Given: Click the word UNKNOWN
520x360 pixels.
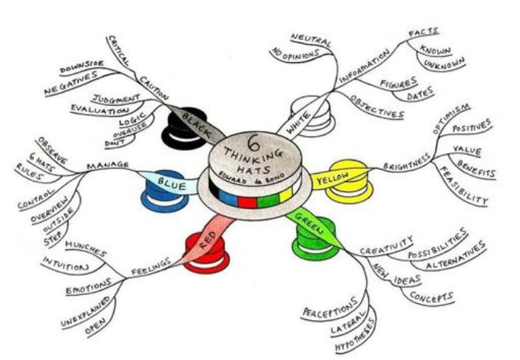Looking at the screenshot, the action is point(444,67).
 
